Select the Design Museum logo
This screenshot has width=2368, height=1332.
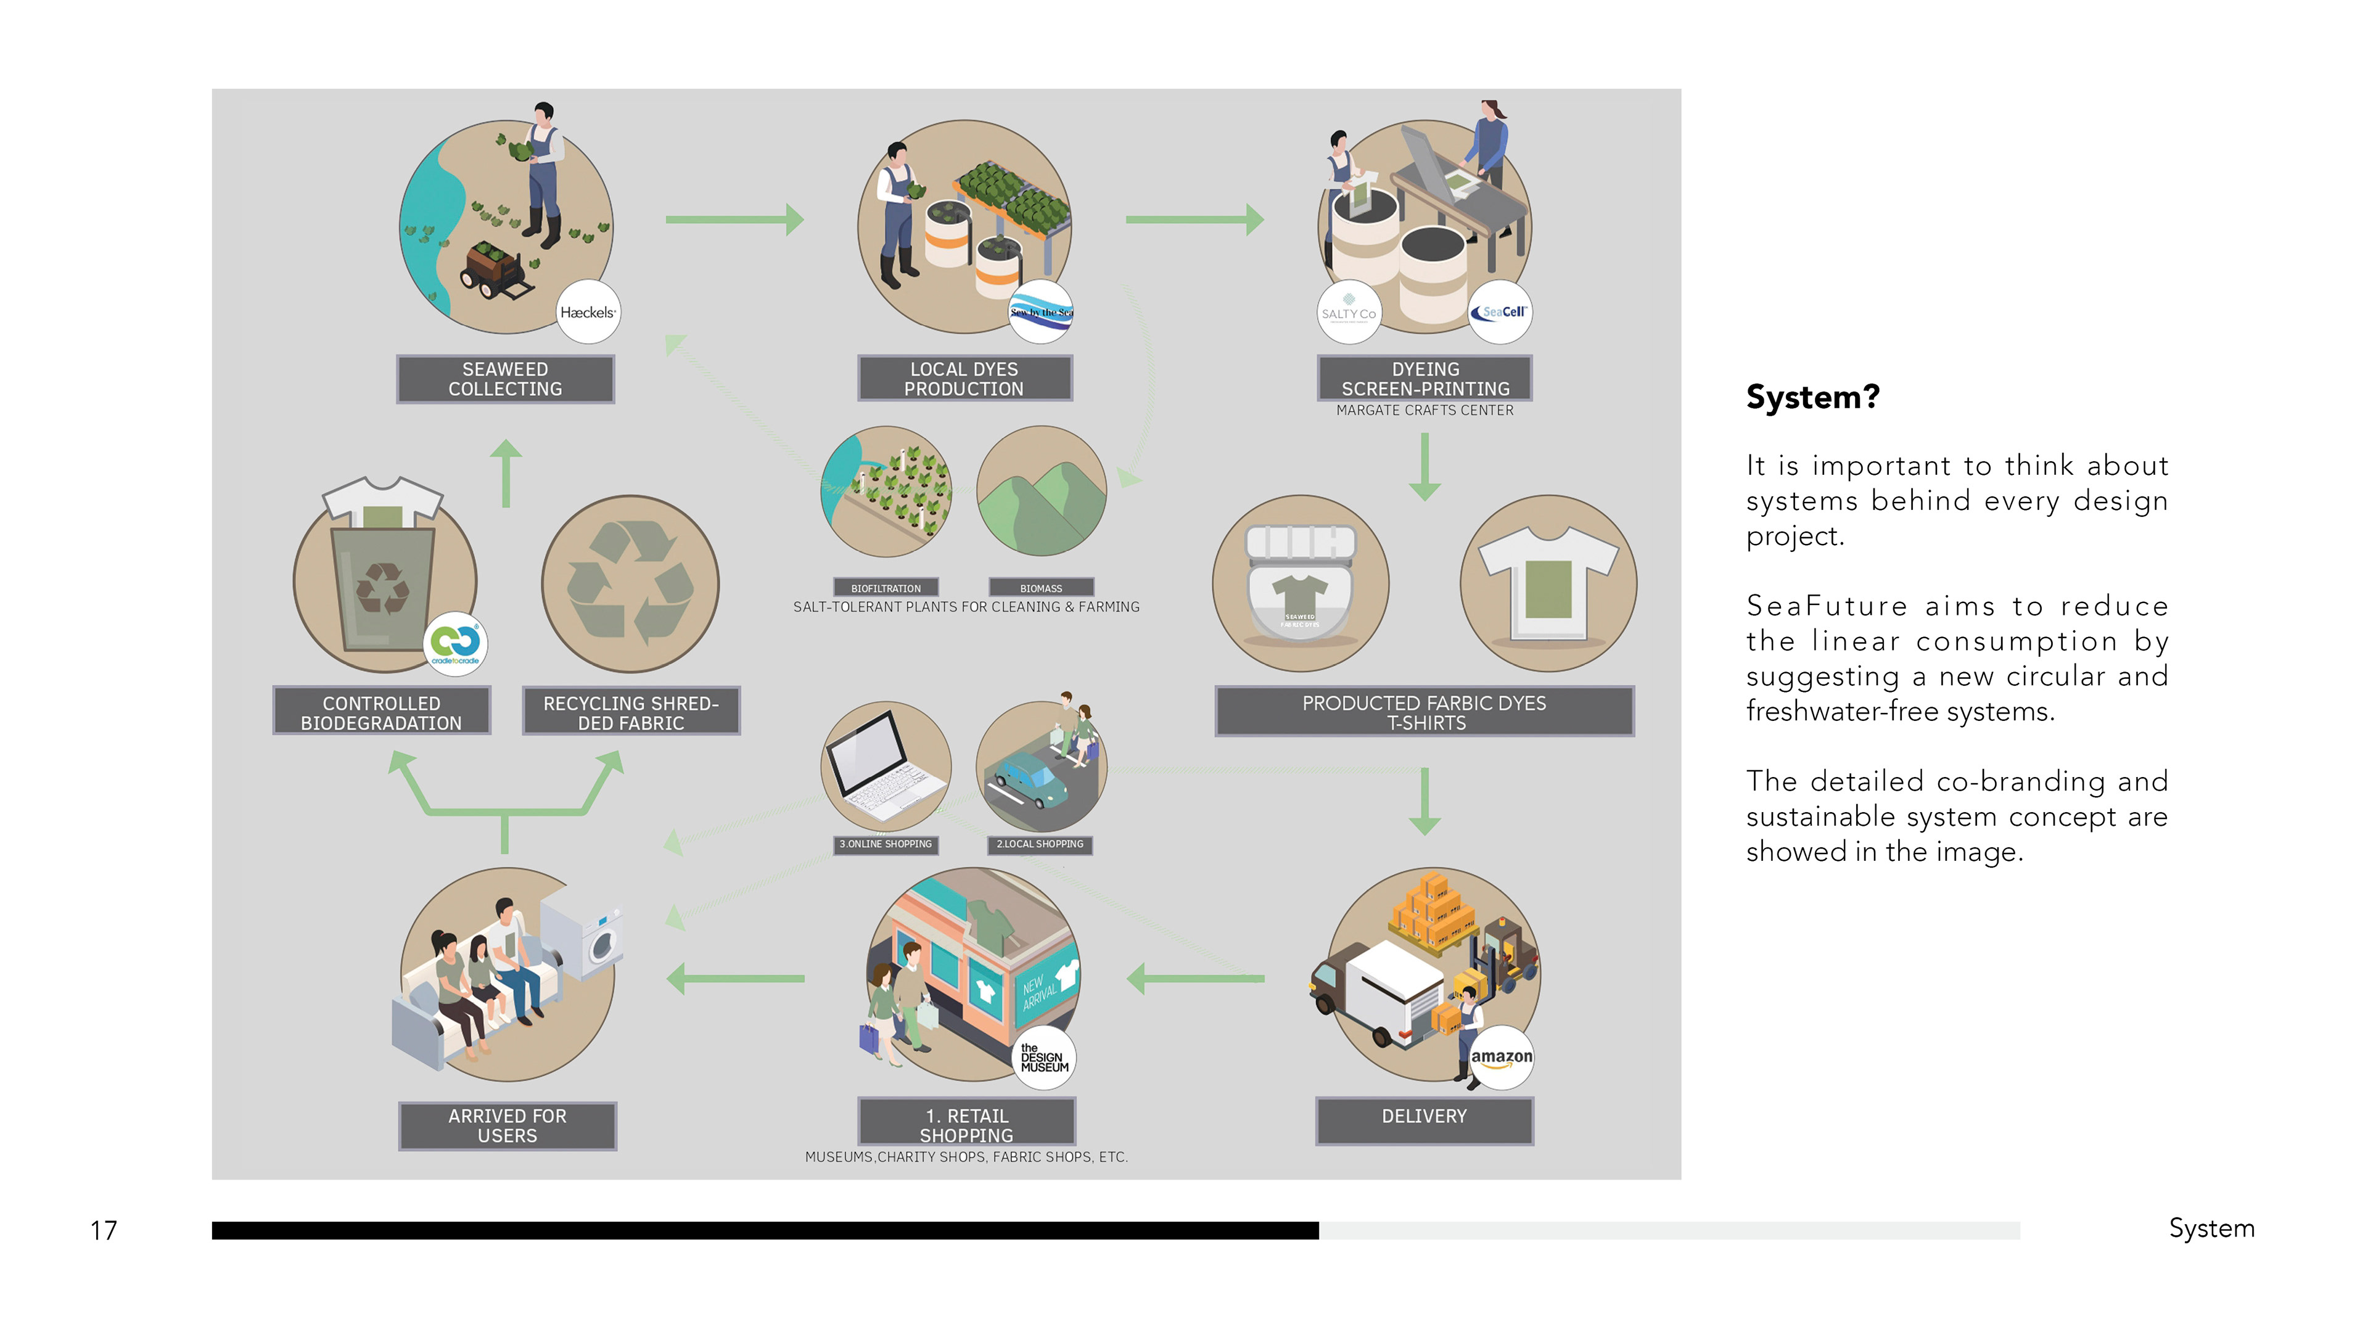pyautogui.click(x=1044, y=1058)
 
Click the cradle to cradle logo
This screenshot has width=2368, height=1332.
pyautogui.click(x=455, y=643)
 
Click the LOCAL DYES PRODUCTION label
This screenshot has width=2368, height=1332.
pyautogui.click(x=964, y=379)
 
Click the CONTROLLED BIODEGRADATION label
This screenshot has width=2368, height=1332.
pyautogui.click(x=382, y=712)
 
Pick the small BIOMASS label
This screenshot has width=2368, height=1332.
pyautogui.click(x=1040, y=588)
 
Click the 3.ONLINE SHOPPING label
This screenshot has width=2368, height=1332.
pyautogui.click(x=886, y=844)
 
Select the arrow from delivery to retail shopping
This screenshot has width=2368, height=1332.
pyautogui.click(x=1195, y=978)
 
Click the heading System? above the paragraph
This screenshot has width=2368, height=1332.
pyautogui.click(x=1812, y=397)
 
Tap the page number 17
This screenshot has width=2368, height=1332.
pyautogui.click(x=103, y=1230)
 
